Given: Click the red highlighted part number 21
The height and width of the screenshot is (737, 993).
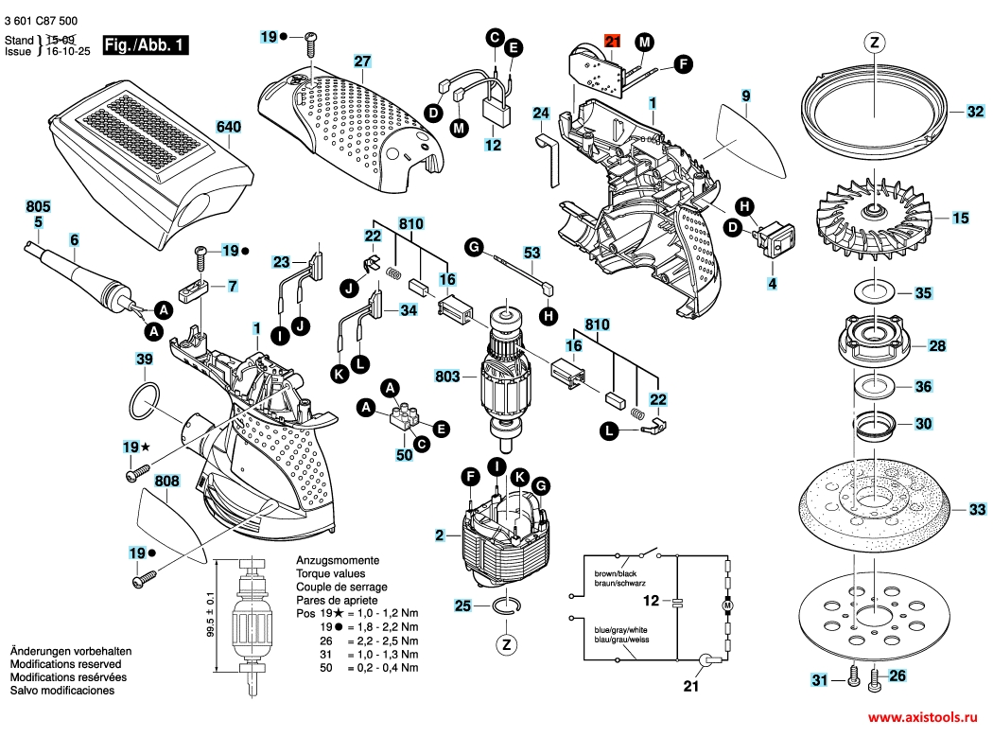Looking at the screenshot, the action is point(613,42).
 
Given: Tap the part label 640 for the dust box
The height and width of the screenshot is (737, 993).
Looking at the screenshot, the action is point(229,127).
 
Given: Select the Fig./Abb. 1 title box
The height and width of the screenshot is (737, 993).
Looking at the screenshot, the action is point(146,45).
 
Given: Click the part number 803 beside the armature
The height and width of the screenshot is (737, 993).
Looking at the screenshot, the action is point(447,377).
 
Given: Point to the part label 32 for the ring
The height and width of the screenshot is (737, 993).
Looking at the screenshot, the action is point(975,112).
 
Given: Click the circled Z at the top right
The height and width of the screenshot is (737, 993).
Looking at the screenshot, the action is point(875,43).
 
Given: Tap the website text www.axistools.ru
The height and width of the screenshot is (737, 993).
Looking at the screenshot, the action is point(922,717).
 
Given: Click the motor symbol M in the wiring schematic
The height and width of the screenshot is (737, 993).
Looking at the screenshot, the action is point(727,605).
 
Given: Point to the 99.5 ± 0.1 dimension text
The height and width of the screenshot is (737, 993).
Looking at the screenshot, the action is point(210,614).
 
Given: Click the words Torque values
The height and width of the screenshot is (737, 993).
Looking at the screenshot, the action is point(331,573).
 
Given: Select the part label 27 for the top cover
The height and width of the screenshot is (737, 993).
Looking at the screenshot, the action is point(362,61).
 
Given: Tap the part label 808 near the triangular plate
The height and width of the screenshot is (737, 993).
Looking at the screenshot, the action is point(166,481).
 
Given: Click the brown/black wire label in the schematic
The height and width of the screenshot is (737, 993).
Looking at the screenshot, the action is point(616,573).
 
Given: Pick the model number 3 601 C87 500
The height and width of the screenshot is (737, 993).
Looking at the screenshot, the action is point(41,21).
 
